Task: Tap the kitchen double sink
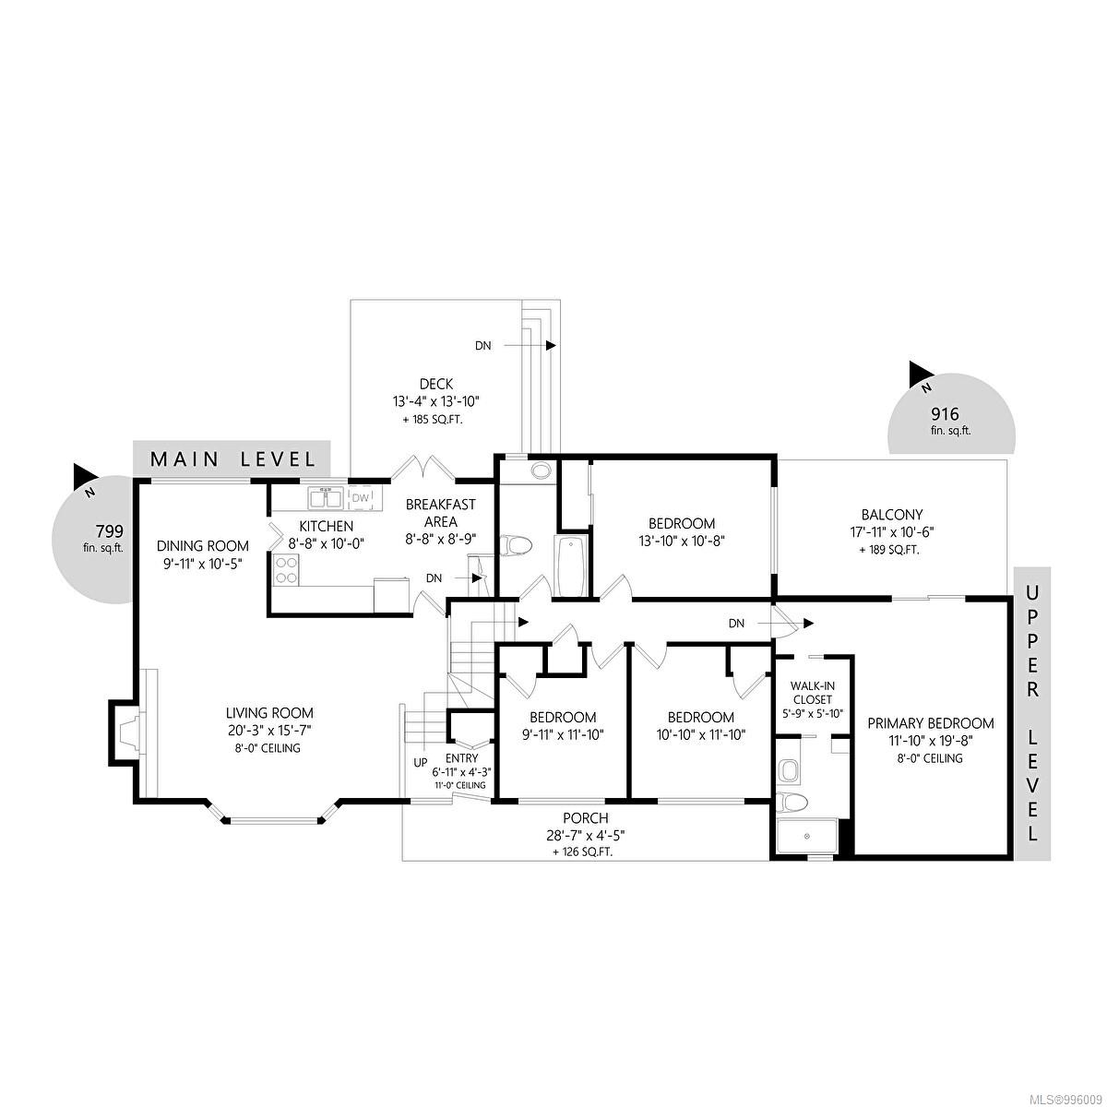coord(325,498)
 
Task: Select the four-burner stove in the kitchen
coord(286,570)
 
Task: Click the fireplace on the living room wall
coord(125,732)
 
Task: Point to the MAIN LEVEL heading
coord(232,459)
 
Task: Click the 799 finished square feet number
coord(109,530)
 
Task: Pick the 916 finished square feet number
coord(945,413)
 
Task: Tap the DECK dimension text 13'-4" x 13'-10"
coord(436,401)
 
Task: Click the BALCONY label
coord(891,515)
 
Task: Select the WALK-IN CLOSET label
coord(813,693)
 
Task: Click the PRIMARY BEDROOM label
coord(931,724)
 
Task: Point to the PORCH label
coord(586,818)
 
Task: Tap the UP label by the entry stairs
coord(421,763)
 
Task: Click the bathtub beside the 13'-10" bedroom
coord(569,566)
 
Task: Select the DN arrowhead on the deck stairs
coord(551,345)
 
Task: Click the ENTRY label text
coord(462,758)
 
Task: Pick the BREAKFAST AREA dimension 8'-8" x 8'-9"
coord(441,540)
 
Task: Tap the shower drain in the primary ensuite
coord(806,837)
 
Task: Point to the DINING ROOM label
coord(203,546)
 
